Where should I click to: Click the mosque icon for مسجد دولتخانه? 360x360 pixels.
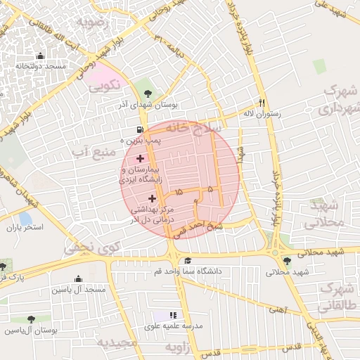click(x=39, y=56)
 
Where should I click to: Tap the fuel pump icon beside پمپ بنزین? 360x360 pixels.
click(x=141, y=130)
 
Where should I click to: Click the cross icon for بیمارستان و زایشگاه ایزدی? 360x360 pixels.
click(x=140, y=159)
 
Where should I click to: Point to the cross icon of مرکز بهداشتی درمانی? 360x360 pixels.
click(x=152, y=198)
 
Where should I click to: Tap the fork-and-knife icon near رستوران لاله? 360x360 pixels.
click(x=262, y=102)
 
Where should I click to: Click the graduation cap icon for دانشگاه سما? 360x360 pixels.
click(x=188, y=261)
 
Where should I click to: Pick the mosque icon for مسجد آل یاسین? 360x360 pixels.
click(x=77, y=278)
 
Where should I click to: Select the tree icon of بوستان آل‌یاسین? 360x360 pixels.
click(x=30, y=319)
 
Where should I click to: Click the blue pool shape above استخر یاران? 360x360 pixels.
click(x=26, y=219)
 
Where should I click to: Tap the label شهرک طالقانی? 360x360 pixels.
click(x=335, y=298)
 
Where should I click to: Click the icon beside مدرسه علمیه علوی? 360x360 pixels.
click(x=173, y=315)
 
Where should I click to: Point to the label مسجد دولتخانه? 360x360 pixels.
click(x=41, y=66)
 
